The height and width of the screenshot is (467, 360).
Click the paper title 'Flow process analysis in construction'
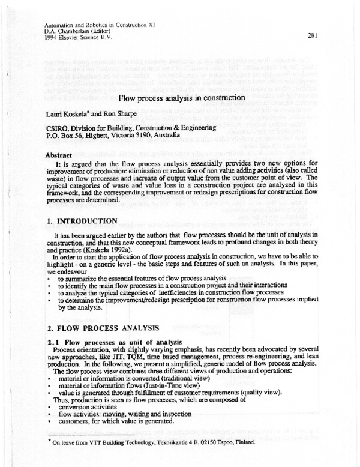(182, 98)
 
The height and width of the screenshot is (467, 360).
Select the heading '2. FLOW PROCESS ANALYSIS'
(103, 330)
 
